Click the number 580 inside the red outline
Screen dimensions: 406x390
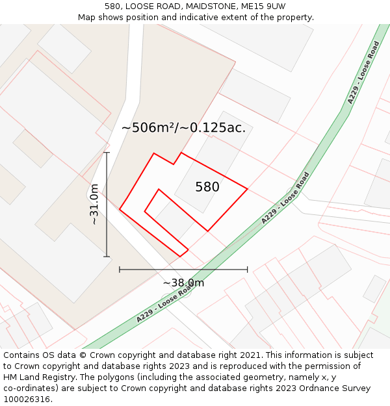[207, 187]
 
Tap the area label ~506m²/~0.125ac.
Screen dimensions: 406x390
[183, 128]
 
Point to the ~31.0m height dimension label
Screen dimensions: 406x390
[94, 204]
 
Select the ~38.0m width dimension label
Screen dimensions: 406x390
[183, 283]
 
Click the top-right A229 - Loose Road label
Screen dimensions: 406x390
[363, 73]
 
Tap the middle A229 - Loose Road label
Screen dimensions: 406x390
[285, 198]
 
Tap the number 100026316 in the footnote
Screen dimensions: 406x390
[27, 400]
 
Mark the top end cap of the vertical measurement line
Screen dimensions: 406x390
[107, 153]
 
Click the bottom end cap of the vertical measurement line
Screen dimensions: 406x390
[107, 257]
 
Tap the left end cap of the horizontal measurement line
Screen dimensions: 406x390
[120, 269]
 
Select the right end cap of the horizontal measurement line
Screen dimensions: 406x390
[248, 269]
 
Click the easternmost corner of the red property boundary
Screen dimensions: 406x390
[248, 189]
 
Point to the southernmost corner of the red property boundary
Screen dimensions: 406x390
[181, 256]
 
